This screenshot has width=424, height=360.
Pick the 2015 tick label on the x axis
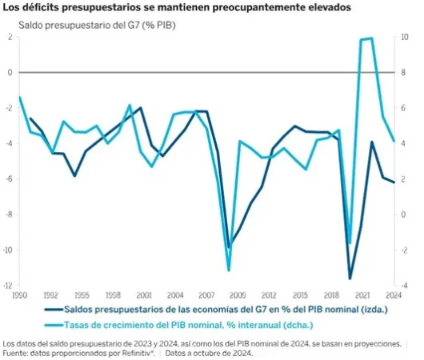(x=301, y=294)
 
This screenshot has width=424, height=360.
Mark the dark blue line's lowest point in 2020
(x=350, y=278)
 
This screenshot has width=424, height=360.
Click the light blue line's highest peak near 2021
(x=370, y=38)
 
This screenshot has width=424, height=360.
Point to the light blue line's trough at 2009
(x=229, y=270)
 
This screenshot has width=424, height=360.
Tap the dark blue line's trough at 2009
(x=229, y=248)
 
